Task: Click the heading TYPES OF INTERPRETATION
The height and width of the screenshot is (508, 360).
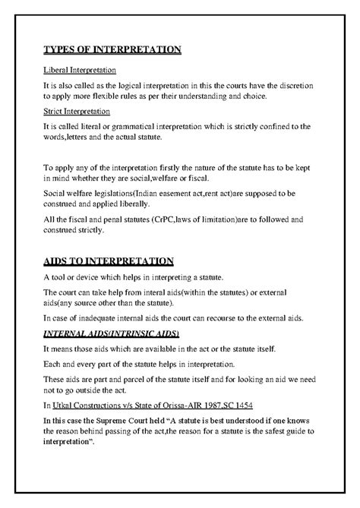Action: click(112, 50)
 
